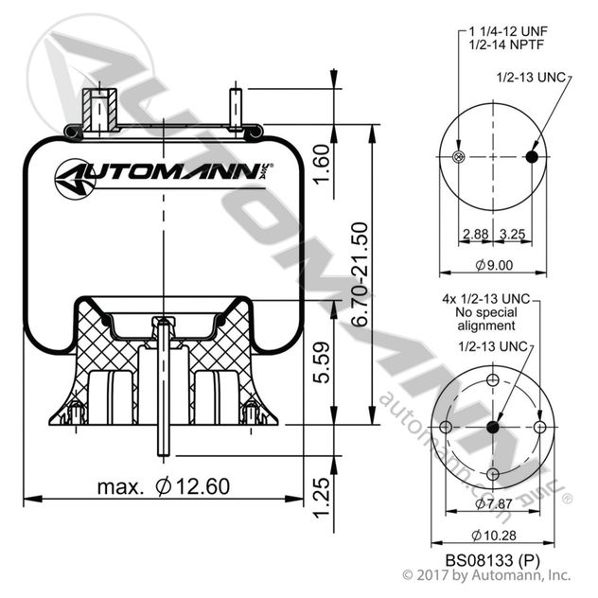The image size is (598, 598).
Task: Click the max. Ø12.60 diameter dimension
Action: tap(163, 487)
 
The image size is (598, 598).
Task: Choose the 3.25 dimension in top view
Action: tap(512, 233)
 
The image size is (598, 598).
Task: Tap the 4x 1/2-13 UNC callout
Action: tap(487, 298)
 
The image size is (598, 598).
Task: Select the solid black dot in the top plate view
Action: tap(531, 157)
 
